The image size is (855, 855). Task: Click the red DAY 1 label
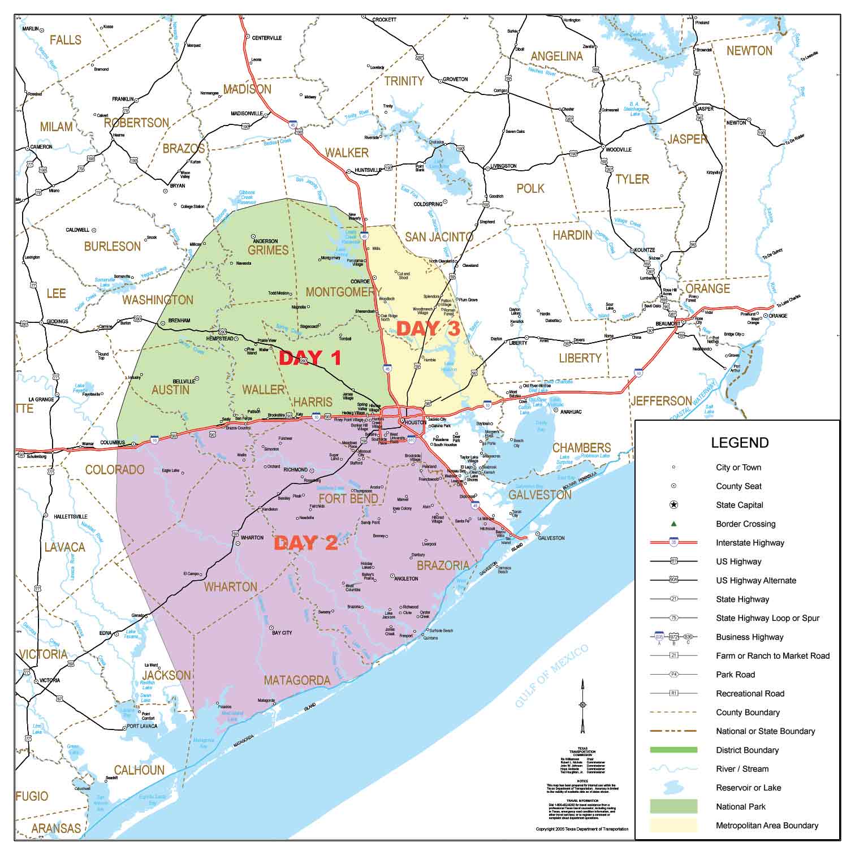[310, 358]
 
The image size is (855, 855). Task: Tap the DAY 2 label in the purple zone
[305, 543]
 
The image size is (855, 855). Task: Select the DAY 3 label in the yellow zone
[427, 329]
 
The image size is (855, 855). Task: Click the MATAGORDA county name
[297, 680]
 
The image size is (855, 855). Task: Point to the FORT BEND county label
[348, 499]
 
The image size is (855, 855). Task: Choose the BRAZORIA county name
[443, 565]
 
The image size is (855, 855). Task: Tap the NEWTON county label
[749, 51]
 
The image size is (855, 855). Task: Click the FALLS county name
[66, 40]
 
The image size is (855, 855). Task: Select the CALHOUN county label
[139, 770]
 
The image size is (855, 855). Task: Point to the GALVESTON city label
[551, 538]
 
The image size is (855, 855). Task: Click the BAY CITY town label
[282, 633]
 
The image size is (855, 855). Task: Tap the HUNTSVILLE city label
[368, 170]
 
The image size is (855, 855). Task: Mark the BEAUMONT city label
[668, 324]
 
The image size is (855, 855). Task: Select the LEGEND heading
[740, 443]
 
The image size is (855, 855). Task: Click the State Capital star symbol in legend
[673, 505]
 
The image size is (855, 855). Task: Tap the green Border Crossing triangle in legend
[673, 524]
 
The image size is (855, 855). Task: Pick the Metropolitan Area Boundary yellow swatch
[673, 826]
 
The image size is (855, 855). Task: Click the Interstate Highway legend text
[750, 543]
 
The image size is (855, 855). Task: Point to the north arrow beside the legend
[582, 704]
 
